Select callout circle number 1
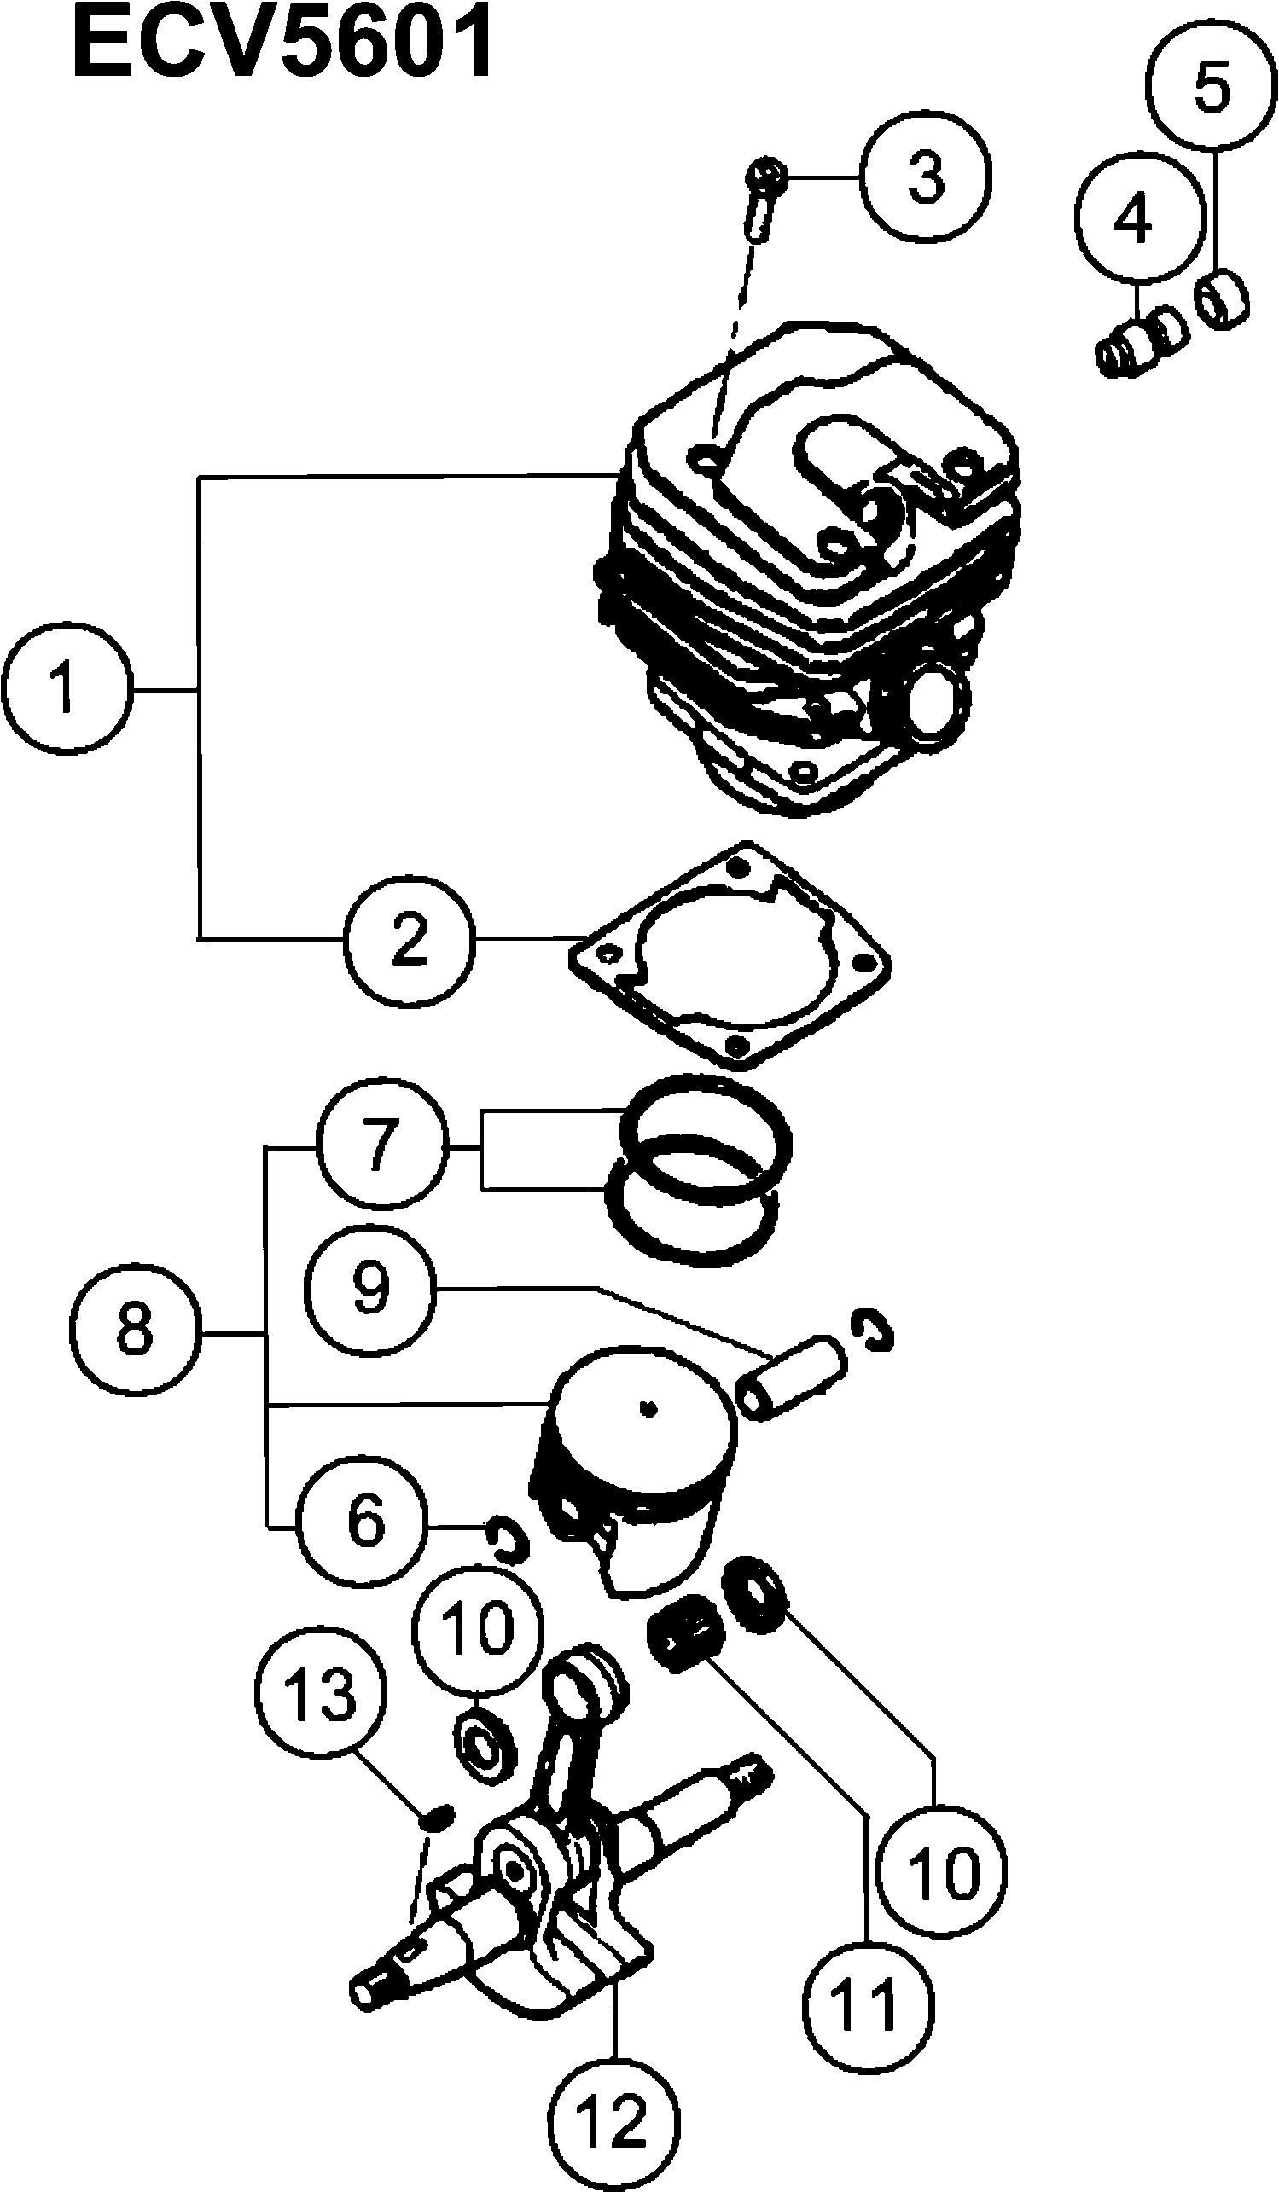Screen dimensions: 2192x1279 (x=66, y=688)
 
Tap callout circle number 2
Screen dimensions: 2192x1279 (x=410, y=938)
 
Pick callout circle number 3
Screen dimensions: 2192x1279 (x=926, y=177)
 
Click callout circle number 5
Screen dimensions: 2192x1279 (x=1212, y=87)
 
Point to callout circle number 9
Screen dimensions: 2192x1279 (x=369, y=1290)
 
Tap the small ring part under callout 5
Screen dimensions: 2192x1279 (x=1224, y=299)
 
